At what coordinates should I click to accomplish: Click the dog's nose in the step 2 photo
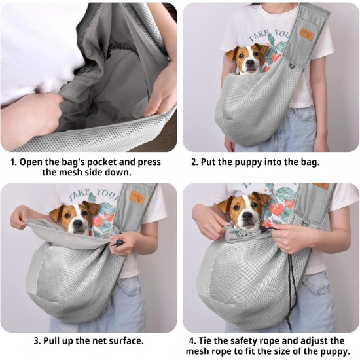click(x=250, y=64)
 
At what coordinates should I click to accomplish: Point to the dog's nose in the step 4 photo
click(x=247, y=217)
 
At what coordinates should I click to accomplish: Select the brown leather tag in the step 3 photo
click(x=135, y=196)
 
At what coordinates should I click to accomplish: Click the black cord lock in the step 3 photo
click(x=118, y=242)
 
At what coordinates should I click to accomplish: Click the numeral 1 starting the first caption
click(x=13, y=162)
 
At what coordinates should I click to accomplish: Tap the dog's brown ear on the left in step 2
click(x=231, y=54)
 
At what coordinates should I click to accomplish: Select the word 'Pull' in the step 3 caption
click(x=52, y=340)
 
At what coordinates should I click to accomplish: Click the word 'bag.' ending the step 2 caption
click(x=310, y=163)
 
